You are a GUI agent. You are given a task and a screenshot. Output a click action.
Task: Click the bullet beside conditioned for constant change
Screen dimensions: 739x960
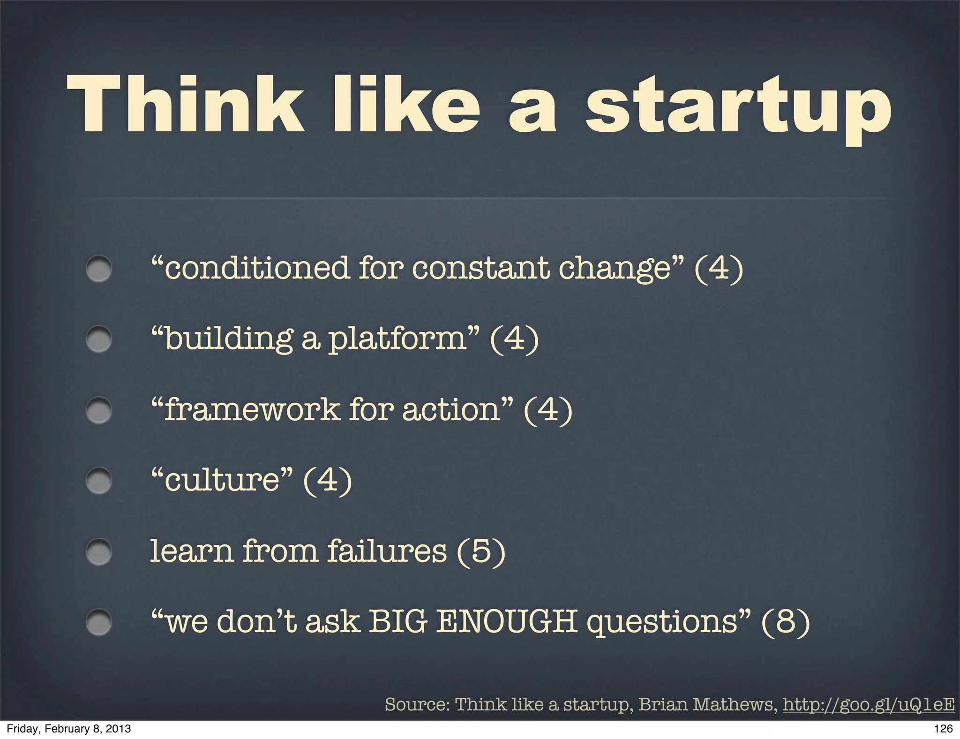click(x=99, y=269)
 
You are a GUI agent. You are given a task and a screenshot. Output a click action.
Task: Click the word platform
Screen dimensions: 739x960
click(x=397, y=339)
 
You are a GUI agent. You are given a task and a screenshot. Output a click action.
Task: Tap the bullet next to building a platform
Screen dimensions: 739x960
click(x=99, y=339)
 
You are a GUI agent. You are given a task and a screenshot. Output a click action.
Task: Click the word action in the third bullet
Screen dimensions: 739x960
click(x=451, y=409)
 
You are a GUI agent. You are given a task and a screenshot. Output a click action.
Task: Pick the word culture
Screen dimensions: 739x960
click(x=222, y=480)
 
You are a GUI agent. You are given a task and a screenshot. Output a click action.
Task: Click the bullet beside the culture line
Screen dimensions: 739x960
click(x=99, y=480)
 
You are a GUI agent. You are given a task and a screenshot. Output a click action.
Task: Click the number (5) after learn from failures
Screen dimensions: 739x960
click(x=481, y=551)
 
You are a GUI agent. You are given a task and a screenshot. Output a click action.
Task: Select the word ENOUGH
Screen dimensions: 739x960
click(x=507, y=621)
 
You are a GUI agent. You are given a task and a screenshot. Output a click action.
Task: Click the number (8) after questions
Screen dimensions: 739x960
click(x=786, y=622)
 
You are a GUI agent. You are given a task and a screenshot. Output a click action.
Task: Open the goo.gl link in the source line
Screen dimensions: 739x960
click(x=868, y=704)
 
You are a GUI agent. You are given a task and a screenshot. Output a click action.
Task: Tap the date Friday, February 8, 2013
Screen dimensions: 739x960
click(x=68, y=728)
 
